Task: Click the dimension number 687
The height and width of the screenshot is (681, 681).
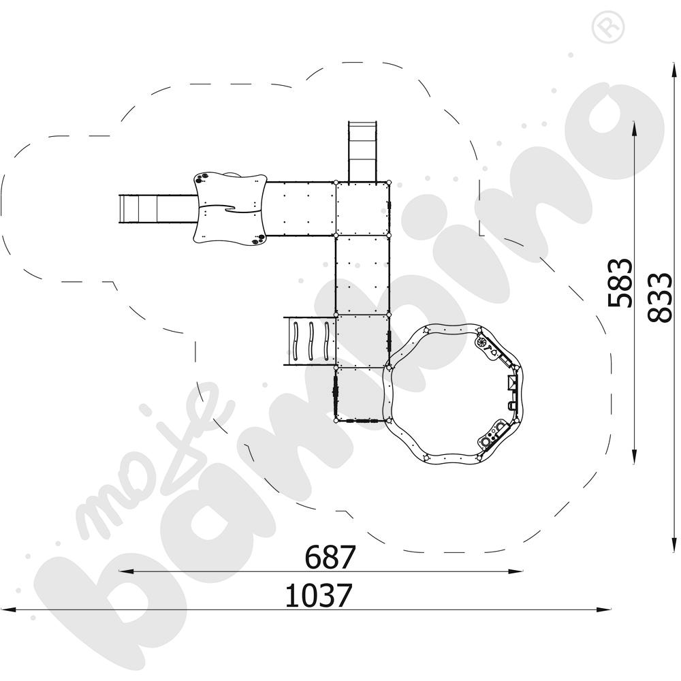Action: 330,557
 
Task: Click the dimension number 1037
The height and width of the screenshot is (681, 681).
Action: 318,595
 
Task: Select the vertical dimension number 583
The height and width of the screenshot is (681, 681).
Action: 619,283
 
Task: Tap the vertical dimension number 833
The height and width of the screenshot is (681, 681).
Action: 659,298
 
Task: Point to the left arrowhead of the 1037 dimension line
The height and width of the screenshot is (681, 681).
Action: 8,609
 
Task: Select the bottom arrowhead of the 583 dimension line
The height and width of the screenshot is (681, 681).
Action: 635,458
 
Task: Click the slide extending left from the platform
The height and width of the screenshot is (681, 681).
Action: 159,209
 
